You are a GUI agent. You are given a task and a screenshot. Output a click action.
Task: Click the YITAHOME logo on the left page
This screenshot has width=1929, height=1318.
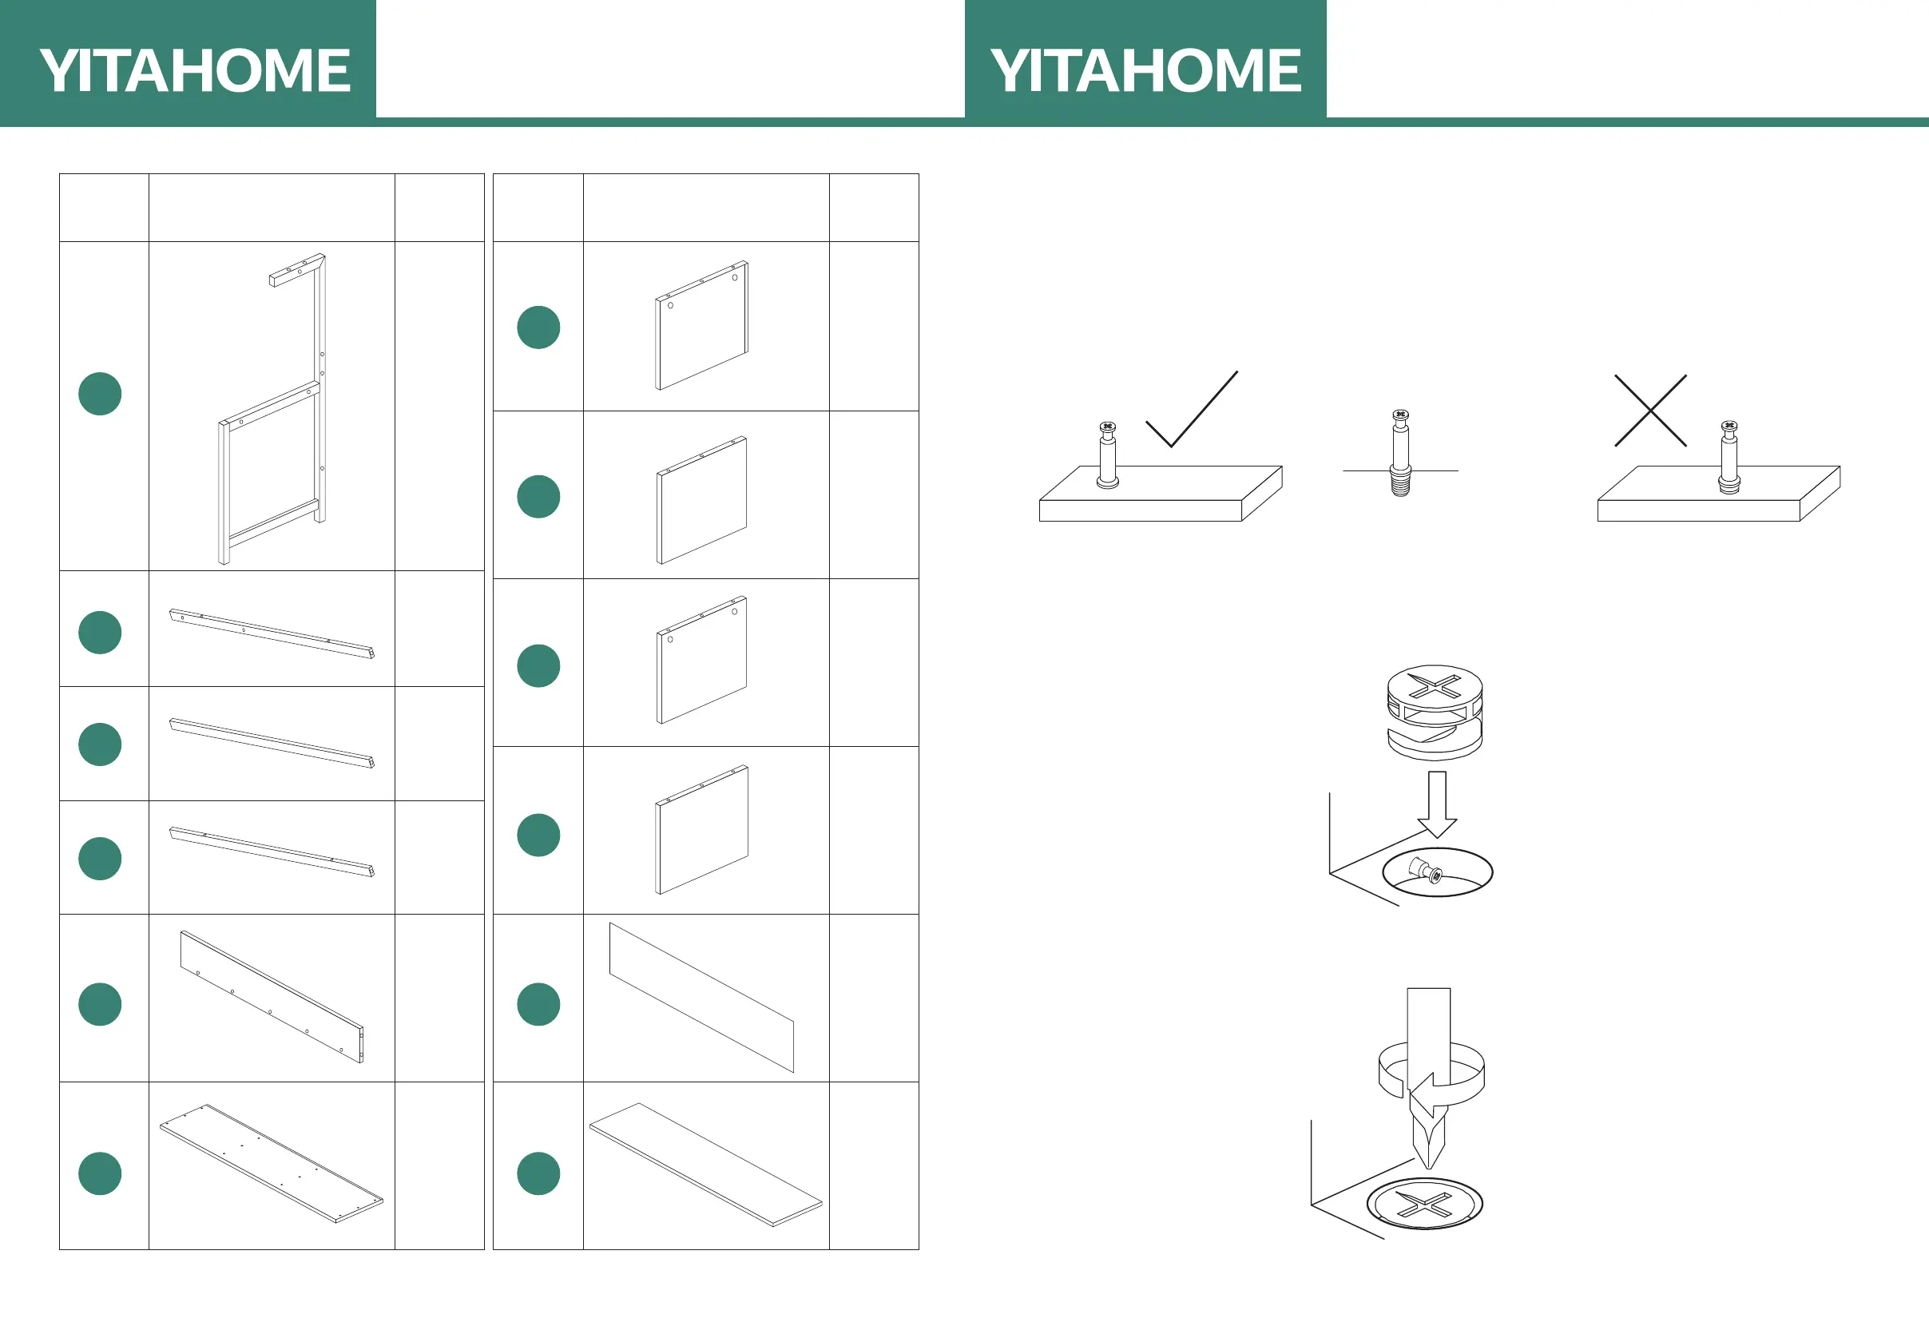pyautogui.click(x=194, y=69)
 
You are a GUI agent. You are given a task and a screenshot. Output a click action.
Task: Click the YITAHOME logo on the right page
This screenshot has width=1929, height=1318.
pyautogui.click(x=1145, y=69)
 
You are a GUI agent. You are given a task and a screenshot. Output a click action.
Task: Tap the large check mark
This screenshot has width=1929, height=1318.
pyautogui.click(x=1192, y=411)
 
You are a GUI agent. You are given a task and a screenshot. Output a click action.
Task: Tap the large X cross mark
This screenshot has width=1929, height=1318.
pyautogui.click(x=1650, y=411)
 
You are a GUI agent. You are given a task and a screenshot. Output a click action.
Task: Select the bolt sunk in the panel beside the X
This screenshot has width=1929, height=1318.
pyautogui.click(x=1729, y=459)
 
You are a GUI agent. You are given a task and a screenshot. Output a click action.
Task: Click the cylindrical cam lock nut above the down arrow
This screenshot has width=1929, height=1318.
pyautogui.click(x=1435, y=712)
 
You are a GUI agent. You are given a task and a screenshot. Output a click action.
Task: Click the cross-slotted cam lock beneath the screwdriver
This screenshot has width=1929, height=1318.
pyautogui.click(x=1423, y=1204)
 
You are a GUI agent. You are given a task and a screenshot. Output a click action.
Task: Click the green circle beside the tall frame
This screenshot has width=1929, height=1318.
pyautogui.click(x=100, y=394)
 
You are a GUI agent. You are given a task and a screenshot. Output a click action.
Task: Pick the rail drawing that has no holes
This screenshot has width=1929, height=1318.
pyautogui.click(x=272, y=744)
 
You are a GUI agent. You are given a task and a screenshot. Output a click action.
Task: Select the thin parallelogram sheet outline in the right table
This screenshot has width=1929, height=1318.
pyautogui.click(x=702, y=998)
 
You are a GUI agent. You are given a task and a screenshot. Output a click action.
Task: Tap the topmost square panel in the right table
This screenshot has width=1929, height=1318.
pyautogui.click(x=702, y=326)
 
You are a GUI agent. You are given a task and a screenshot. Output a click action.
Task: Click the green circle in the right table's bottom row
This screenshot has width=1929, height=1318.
pyautogui.click(x=538, y=1173)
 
